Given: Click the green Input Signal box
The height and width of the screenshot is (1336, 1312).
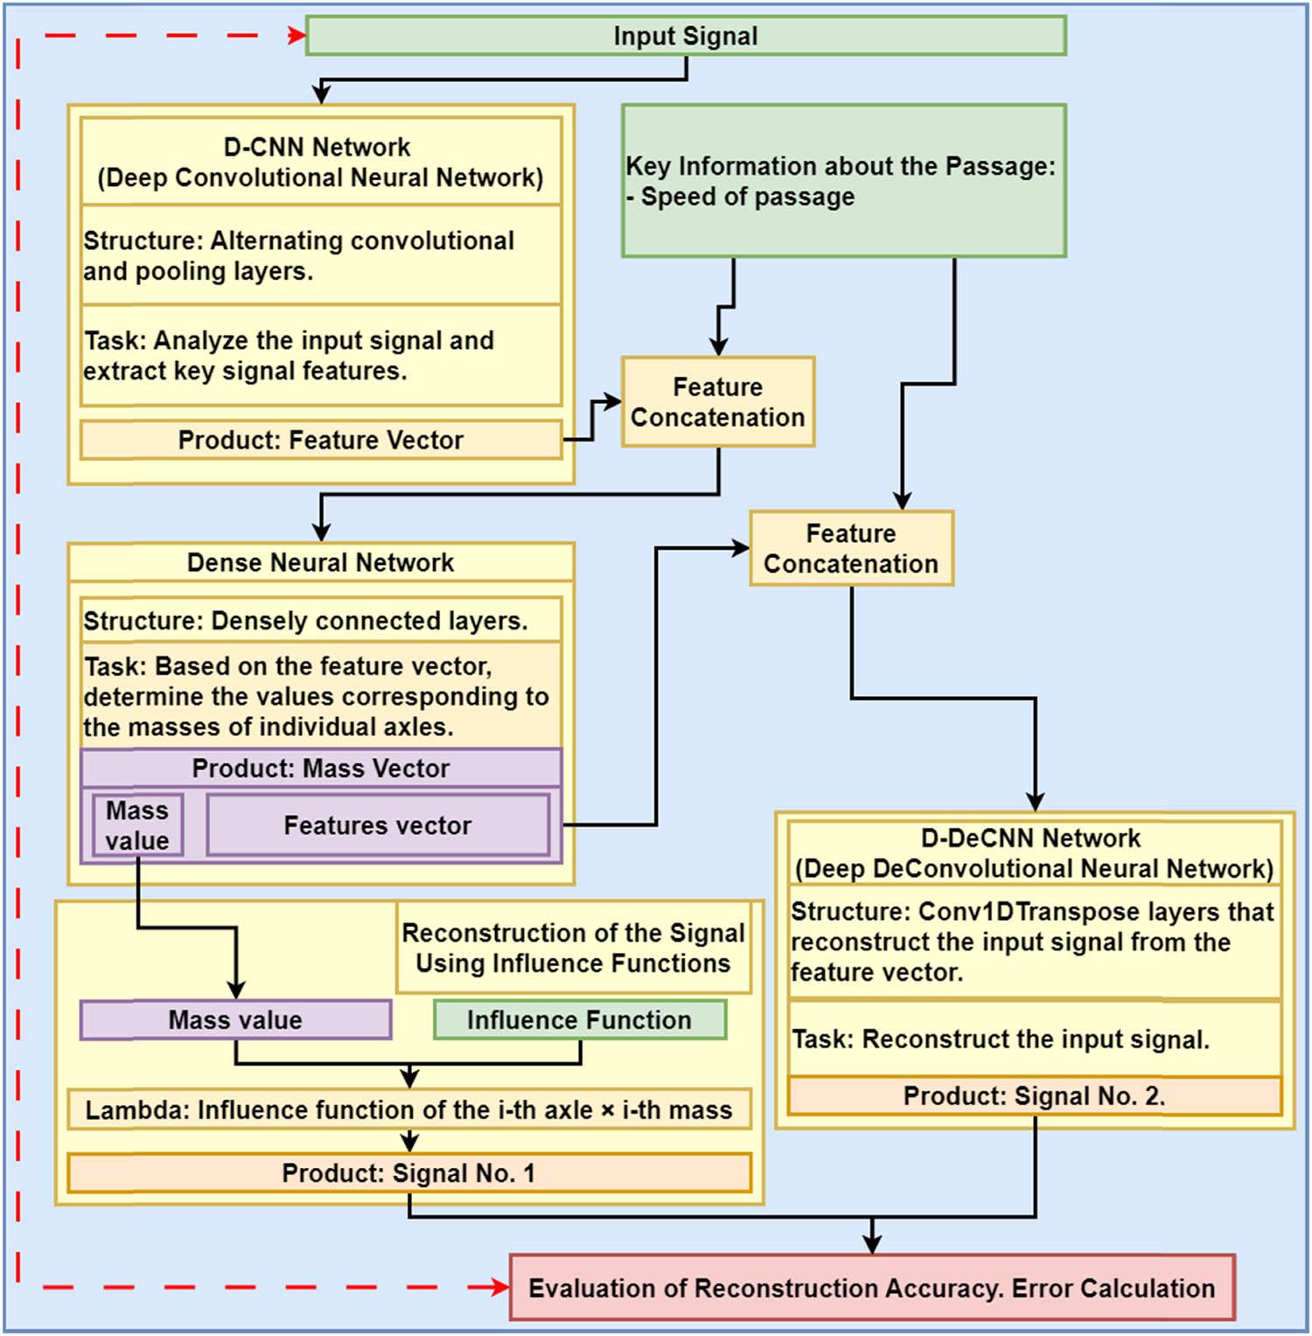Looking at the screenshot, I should tap(685, 36).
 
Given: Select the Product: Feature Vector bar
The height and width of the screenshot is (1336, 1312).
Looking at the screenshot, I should tap(320, 440).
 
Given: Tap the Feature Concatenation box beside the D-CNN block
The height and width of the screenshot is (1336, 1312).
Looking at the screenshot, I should tap(717, 402).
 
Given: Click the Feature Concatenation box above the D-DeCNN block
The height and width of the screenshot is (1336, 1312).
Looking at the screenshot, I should tap(850, 549).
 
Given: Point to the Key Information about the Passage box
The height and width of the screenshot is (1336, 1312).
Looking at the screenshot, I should tap(843, 181).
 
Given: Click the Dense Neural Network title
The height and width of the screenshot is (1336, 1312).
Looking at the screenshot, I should tap(320, 562).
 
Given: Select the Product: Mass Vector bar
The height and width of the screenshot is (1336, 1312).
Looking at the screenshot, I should tap(320, 768).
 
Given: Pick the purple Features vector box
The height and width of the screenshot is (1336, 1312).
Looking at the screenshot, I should tap(377, 825).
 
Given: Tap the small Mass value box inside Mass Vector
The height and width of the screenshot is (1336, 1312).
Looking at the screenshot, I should tap(137, 825).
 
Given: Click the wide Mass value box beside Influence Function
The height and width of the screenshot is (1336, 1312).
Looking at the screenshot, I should tap(235, 1019).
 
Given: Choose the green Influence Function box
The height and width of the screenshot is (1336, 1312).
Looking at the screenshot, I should tap(579, 1019).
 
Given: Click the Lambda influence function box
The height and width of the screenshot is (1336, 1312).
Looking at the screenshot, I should tap(408, 1110).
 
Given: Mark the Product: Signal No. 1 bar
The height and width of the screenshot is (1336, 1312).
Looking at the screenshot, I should tap(408, 1172).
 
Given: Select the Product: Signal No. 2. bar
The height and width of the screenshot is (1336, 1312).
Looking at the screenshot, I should tap(1034, 1096).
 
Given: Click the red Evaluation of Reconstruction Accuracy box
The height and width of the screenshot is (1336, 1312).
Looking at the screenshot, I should tap(871, 1288).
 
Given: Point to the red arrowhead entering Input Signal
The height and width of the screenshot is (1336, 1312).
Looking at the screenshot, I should tap(297, 36).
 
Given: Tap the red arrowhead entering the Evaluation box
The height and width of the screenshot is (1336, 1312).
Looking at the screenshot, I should tap(500, 1287).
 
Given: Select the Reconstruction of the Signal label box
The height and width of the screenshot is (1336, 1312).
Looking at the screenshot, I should tap(573, 948).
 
